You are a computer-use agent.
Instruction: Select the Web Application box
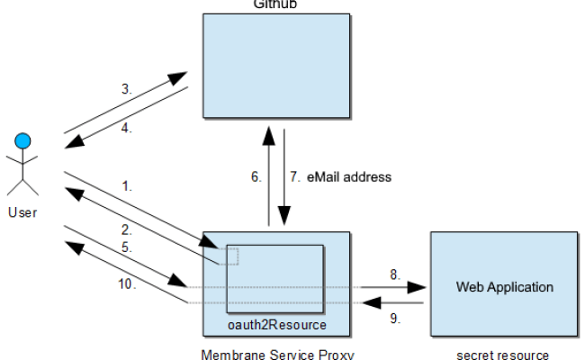pyautogui.click(x=504, y=287)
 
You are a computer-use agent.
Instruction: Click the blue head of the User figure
pyautogui.click(x=23, y=140)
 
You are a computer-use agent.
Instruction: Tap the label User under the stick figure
pyautogui.click(x=22, y=212)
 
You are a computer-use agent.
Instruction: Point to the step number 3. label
pyautogui.click(x=128, y=89)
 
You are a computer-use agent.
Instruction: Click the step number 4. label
pyautogui.click(x=128, y=128)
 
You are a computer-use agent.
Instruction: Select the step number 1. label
pyautogui.click(x=128, y=187)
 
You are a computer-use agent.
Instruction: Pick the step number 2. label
pyautogui.click(x=128, y=230)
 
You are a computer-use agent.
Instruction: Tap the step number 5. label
pyautogui.click(x=128, y=247)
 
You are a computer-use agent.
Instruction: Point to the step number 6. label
pyautogui.click(x=256, y=177)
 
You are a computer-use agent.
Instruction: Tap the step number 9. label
pyautogui.click(x=394, y=319)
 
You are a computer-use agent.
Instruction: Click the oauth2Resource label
pyautogui.click(x=275, y=324)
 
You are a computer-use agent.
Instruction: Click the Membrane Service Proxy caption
pyautogui.click(x=275, y=354)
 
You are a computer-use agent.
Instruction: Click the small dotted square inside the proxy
pyautogui.click(x=230, y=256)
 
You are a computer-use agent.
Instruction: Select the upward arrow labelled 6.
pyautogui.click(x=269, y=175)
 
